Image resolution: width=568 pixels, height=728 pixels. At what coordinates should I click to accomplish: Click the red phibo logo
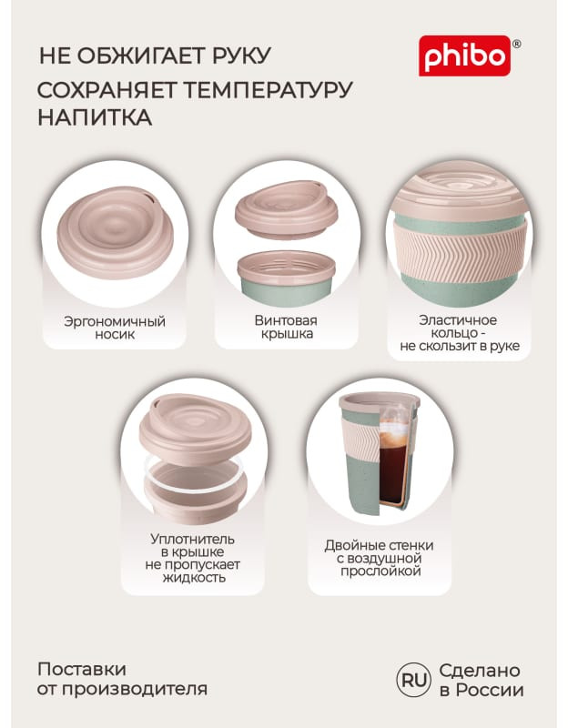click(x=464, y=56)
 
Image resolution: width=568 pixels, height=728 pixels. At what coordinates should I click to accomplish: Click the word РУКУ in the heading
click(x=241, y=56)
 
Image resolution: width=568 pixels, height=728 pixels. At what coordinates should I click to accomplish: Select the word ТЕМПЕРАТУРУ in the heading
click(x=269, y=90)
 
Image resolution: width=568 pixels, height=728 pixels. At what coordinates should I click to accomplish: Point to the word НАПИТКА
click(x=95, y=117)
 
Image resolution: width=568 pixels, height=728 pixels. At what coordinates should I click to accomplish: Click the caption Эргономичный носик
click(x=115, y=328)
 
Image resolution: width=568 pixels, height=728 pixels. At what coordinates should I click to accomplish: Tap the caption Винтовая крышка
click(x=286, y=327)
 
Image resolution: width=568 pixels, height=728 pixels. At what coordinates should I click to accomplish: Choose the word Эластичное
click(x=458, y=320)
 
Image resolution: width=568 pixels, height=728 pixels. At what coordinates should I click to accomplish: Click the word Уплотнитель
click(x=192, y=539)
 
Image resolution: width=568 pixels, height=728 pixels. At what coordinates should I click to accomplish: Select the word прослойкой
click(x=380, y=571)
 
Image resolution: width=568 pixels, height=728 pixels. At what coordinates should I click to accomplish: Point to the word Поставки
click(x=82, y=670)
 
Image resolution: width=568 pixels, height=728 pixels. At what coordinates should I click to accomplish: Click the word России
click(x=490, y=690)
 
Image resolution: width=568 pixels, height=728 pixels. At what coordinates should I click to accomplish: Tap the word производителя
click(x=135, y=689)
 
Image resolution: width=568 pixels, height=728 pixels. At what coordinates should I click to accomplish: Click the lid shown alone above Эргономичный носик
click(x=116, y=232)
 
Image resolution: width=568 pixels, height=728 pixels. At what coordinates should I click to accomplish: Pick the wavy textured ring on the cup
click(x=461, y=248)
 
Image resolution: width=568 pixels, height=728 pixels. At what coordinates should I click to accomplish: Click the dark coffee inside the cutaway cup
click(x=393, y=469)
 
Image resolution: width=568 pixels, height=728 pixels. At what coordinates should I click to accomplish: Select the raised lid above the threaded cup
click(x=287, y=210)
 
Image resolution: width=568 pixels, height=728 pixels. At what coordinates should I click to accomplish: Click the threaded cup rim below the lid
click(x=287, y=269)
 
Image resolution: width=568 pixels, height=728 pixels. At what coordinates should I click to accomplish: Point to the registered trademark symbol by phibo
click(x=516, y=44)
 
